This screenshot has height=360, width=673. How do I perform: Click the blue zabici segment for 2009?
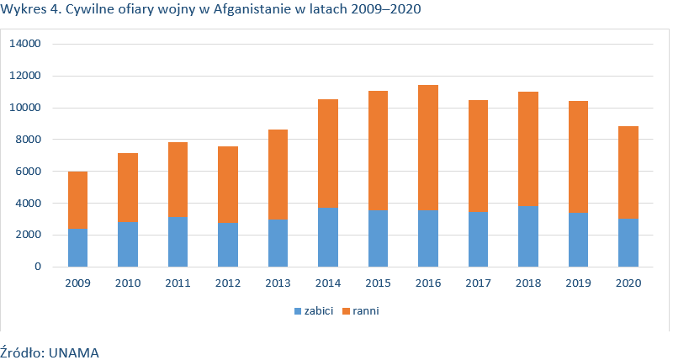pyautogui.click(x=77, y=247)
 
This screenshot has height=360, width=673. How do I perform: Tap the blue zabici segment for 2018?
pyautogui.click(x=528, y=236)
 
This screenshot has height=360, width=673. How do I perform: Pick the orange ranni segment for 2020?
pyautogui.click(x=628, y=172)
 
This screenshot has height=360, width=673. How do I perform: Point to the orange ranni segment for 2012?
pyautogui.click(x=228, y=185)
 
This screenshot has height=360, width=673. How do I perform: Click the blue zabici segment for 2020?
pyautogui.click(x=628, y=242)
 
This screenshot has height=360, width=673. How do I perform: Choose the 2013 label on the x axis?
pyautogui.click(x=278, y=283)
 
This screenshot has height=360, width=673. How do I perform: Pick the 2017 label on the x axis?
pyautogui.click(x=478, y=283)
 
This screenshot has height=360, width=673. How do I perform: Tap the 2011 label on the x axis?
pyautogui.click(x=178, y=283)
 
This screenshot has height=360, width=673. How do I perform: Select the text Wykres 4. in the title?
pyautogui.click(x=29, y=11)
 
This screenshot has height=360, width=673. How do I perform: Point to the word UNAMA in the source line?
pyautogui.click(x=74, y=352)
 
